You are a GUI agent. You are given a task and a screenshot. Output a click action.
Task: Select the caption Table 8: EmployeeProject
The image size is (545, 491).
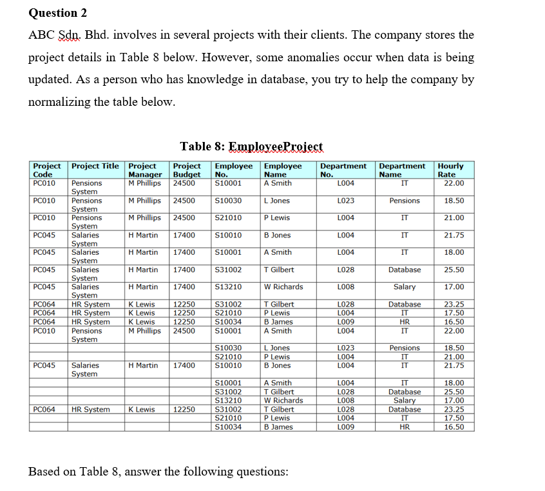[x=251, y=146]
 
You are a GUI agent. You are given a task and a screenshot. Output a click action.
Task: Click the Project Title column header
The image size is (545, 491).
[x=95, y=166]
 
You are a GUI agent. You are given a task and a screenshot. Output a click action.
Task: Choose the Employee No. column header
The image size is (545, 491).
[x=233, y=170]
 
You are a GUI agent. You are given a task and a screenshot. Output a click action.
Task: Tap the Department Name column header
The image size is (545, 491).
[x=402, y=170]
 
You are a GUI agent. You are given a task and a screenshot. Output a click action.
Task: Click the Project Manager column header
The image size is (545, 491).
[x=146, y=170]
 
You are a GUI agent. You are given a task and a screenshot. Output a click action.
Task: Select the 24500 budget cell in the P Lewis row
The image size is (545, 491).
[x=184, y=218]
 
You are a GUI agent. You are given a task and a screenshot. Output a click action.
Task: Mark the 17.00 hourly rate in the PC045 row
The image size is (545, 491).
[x=454, y=287]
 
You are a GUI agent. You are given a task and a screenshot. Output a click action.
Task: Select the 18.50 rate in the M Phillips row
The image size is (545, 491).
[x=454, y=201]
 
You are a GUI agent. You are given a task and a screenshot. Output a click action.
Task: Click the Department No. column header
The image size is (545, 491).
[x=343, y=170]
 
